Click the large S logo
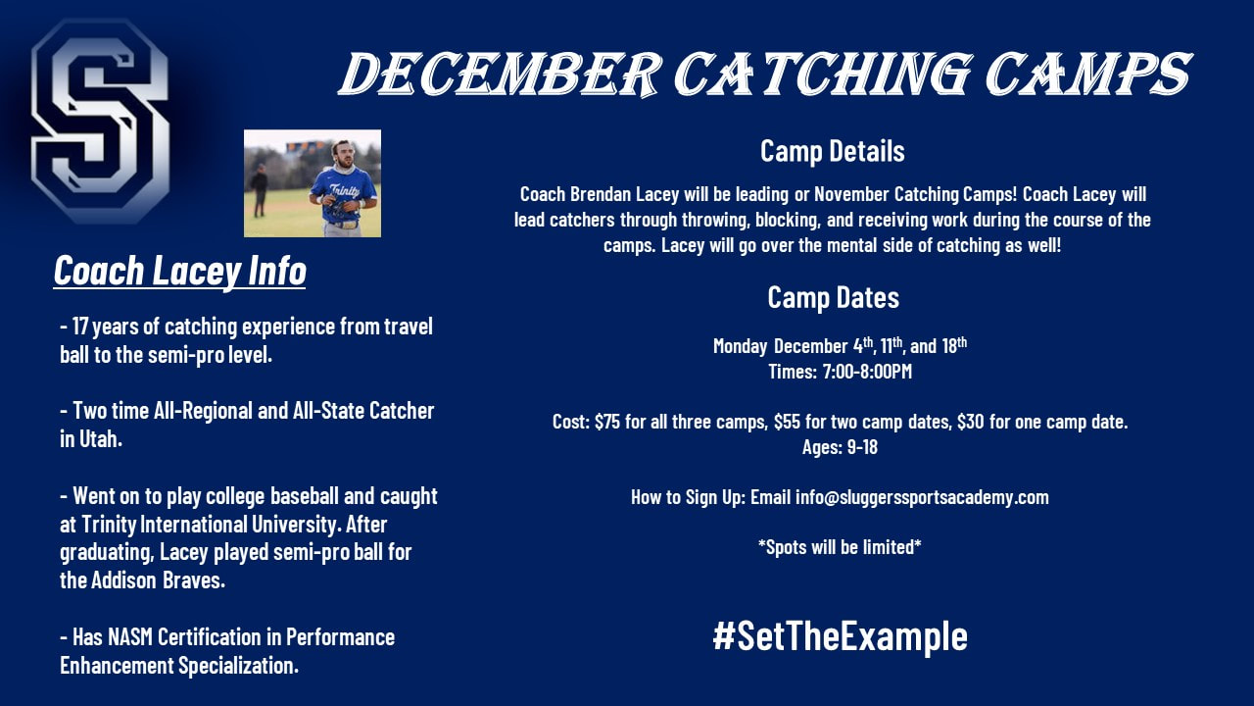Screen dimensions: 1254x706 (101, 121)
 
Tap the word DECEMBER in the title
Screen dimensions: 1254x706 (500, 74)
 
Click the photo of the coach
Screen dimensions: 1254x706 (313, 183)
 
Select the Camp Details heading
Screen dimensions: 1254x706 (832, 151)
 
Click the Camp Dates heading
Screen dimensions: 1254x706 (833, 297)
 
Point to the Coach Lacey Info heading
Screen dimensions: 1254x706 (179, 272)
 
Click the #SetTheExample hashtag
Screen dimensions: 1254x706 (840, 636)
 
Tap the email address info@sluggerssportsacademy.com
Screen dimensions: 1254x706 (922, 497)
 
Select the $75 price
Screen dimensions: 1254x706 (607, 422)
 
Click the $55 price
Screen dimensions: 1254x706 (787, 422)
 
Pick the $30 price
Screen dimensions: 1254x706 (970, 422)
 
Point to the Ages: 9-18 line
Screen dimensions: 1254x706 (840, 447)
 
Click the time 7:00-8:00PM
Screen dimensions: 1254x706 (867, 372)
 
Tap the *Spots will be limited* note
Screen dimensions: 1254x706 (840, 547)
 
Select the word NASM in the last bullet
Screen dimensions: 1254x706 (130, 637)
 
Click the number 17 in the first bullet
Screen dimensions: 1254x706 (80, 327)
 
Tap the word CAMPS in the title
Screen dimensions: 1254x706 (1088, 74)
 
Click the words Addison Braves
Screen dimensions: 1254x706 (158, 580)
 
